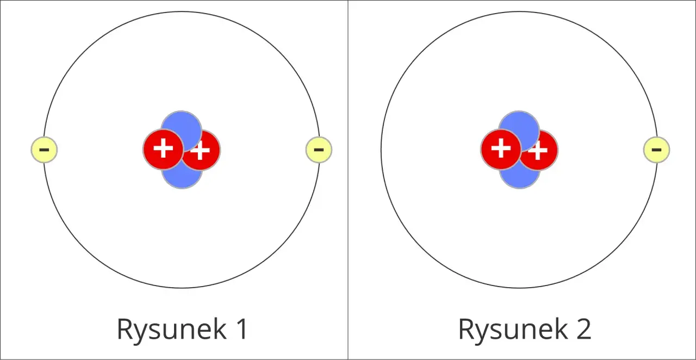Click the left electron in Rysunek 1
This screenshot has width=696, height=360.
pyautogui.click(x=44, y=150)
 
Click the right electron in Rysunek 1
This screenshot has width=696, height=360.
pyautogui.click(x=319, y=150)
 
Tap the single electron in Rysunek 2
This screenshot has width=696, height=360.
pyautogui.click(x=656, y=150)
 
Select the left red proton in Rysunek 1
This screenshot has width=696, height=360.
pyautogui.click(x=163, y=149)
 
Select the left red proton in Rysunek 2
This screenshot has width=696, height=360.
pyautogui.click(x=501, y=149)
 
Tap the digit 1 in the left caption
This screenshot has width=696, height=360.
pyautogui.click(x=242, y=328)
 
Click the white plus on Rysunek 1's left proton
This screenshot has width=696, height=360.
pyautogui.click(x=164, y=148)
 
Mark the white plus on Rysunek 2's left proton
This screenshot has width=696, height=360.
pyautogui.click(x=501, y=148)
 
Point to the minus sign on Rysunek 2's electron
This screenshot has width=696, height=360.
pyautogui.click(x=656, y=150)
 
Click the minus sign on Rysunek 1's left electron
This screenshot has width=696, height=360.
pyautogui.click(x=44, y=150)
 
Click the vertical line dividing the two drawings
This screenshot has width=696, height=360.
pyautogui.click(x=348, y=180)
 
